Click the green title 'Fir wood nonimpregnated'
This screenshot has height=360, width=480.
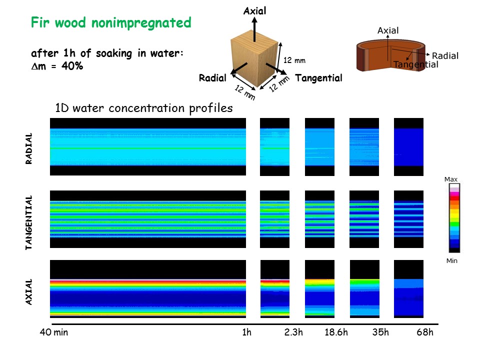coord(111,22)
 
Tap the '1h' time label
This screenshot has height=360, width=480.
coord(246,333)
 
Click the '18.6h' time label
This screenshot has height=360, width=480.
coord(336,333)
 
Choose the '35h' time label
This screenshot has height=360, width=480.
coord(380,333)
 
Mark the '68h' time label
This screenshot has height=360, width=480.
coord(424,333)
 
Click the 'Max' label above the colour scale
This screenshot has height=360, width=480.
coord(450,179)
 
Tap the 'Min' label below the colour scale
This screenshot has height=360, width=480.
coord(450,260)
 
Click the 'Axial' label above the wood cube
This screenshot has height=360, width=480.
coord(254,10)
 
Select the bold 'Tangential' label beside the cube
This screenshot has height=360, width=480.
coord(318,78)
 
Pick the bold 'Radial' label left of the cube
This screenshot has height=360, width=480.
coord(212,78)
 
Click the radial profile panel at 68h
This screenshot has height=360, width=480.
coord(408,147)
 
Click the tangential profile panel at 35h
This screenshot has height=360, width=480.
coord(364,219)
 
